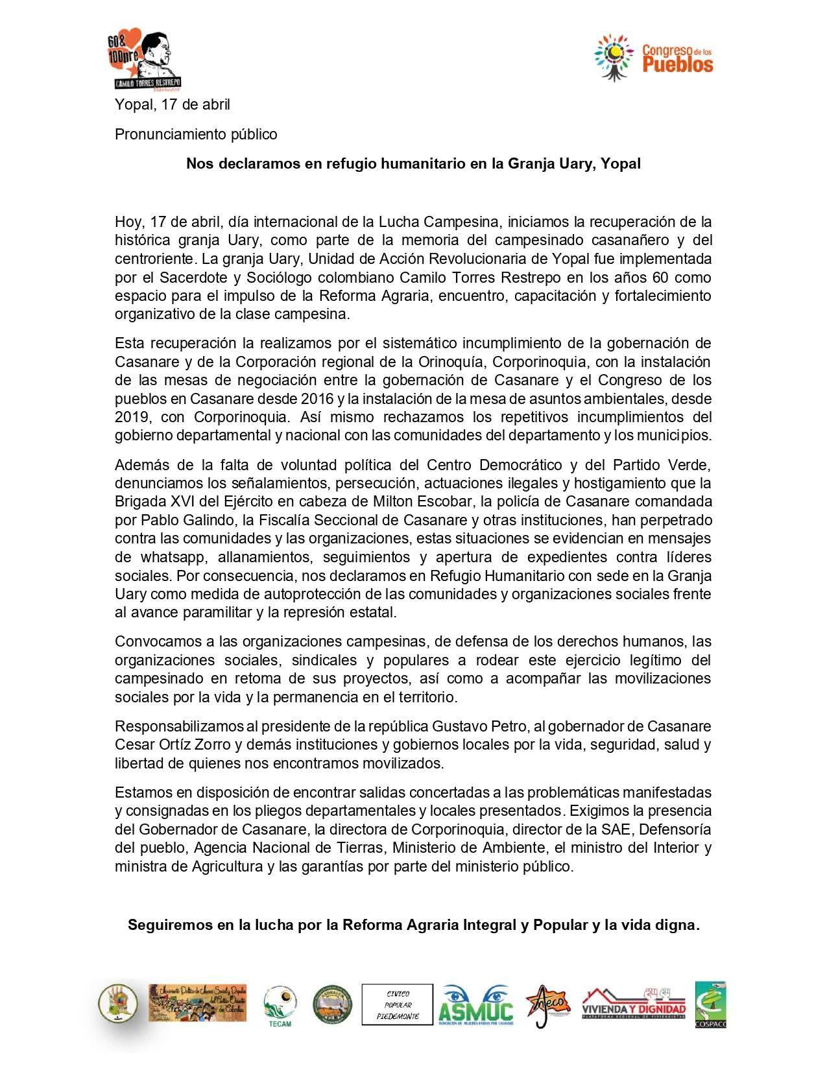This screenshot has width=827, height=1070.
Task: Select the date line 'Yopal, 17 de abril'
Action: (172, 104)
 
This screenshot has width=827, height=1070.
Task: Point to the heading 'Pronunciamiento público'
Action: (196, 134)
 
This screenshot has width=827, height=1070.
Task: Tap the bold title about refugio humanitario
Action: (413, 163)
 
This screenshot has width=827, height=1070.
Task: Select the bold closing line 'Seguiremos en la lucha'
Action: (413, 925)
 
